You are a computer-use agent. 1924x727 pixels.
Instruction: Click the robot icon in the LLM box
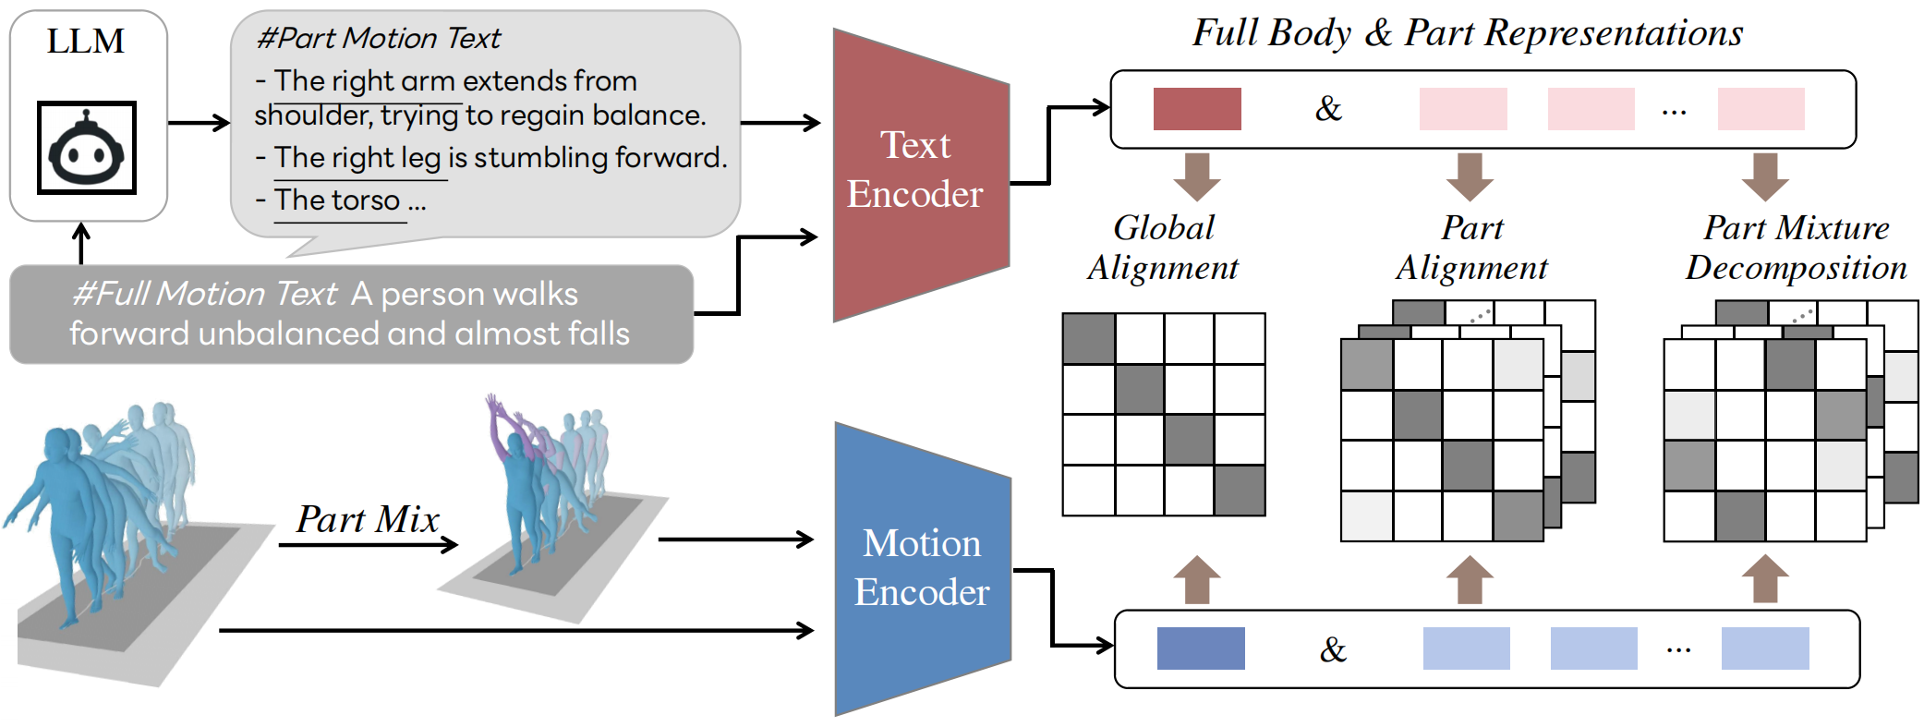[87, 148]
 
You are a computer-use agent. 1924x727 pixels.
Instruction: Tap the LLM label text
[86, 42]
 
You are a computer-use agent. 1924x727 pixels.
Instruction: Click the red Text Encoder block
[914, 171]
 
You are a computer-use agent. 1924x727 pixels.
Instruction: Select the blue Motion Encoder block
[921, 568]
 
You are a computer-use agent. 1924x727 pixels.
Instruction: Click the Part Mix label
[367, 519]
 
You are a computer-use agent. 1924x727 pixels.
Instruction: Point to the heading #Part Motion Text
[379, 38]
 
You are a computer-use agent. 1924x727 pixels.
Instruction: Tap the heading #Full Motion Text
[205, 294]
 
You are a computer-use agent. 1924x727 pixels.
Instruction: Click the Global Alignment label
[1162, 247]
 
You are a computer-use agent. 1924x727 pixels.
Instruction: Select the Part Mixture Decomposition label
[1796, 247]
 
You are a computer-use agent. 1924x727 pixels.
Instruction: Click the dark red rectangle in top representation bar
[1196, 109]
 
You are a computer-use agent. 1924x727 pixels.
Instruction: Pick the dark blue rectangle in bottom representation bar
[1200, 648]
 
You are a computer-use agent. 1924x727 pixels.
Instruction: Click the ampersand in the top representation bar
[1328, 109]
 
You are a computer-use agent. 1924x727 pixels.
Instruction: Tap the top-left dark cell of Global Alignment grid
[1088, 339]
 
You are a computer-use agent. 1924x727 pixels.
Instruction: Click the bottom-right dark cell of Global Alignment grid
[1240, 491]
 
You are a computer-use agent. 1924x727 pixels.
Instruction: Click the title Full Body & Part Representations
[1467, 33]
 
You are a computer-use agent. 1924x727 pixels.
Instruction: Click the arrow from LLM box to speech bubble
[199, 123]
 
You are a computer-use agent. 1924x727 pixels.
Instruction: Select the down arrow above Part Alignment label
[1470, 176]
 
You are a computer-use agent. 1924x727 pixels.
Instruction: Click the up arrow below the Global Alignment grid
[1197, 580]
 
